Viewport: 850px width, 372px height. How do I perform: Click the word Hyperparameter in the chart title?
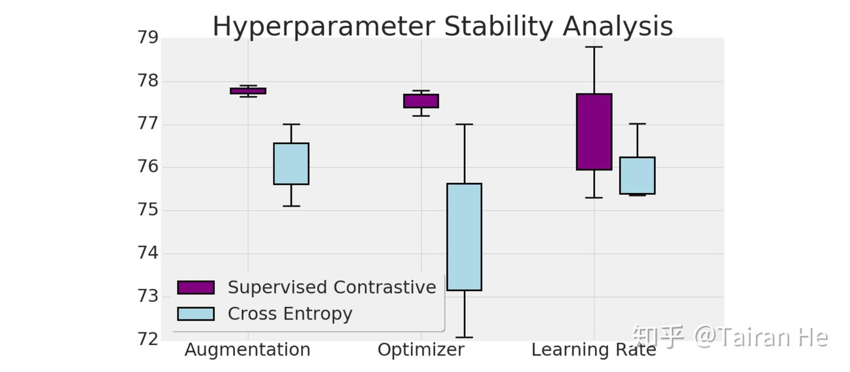[324, 27]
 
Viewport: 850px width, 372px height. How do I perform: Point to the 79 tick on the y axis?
[148, 38]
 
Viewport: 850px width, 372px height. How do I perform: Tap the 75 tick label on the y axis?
[148, 210]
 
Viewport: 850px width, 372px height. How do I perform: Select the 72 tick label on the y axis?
[148, 339]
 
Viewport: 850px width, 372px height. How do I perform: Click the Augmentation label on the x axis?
[247, 350]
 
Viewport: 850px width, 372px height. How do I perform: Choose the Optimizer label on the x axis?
[421, 350]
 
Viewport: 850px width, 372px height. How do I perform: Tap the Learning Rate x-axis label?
[593, 350]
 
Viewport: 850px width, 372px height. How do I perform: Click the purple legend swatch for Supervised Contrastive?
[195, 288]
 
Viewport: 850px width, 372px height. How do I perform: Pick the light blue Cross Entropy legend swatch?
[195, 314]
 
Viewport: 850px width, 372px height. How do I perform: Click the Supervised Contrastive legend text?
[332, 288]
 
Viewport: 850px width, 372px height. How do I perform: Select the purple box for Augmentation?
[248, 91]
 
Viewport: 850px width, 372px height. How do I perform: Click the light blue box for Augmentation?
[291, 164]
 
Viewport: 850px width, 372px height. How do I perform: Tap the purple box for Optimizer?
[421, 101]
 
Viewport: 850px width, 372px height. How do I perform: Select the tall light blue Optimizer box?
[464, 237]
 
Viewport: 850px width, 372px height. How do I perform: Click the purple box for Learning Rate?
[594, 132]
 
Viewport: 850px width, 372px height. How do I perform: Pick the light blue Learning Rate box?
[637, 175]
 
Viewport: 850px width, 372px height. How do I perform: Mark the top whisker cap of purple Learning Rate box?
[594, 47]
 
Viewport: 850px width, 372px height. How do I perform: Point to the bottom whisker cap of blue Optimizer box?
[464, 337]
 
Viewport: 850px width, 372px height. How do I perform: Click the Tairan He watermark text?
[761, 337]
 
